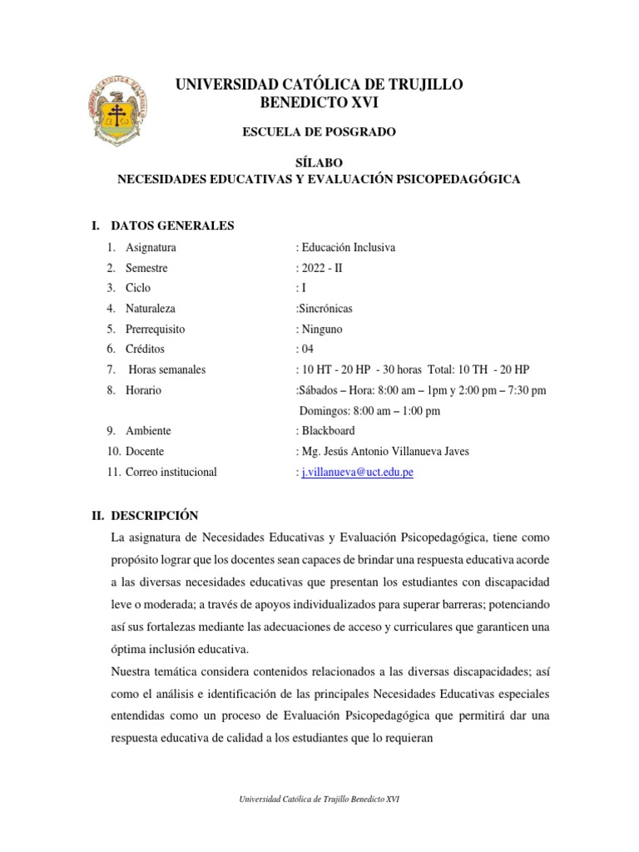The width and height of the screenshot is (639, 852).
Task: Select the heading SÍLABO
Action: pyautogui.click(x=319, y=162)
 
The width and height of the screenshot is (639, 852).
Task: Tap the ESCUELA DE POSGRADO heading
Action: pyautogui.click(x=319, y=131)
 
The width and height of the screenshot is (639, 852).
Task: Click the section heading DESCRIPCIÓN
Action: pyautogui.click(x=155, y=516)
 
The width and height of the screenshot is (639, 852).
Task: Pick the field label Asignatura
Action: pyautogui.click(x=151, y=247)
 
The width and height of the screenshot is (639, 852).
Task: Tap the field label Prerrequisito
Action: pyautogui.click(x=156, y=329)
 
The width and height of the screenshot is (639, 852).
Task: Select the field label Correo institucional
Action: pyautogui.click(x=171, y=472)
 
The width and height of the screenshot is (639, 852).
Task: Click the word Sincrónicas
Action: pyautogui.click(x=326, y=309)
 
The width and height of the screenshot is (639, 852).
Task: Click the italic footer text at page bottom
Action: pyautogui.click(x=319, y=799)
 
